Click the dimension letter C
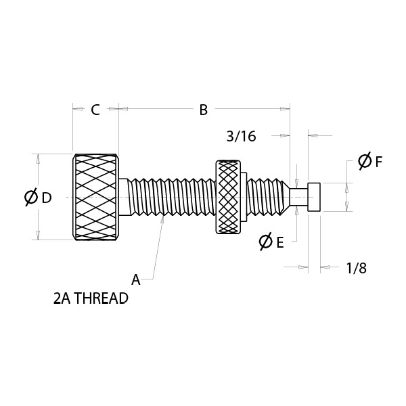click(x=95, y=110)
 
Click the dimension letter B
click(x=204, y=110)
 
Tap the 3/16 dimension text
click(x=242, y=136)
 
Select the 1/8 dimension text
click(x=357, y=268)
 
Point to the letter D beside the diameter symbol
click(x=47, y=198)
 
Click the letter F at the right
click(x=378, y=162)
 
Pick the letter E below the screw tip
click(x=280, y=243)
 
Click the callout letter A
click(x=136, y=280)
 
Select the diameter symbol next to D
click(x=31, y=198)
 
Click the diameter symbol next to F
click(x=365, y=161)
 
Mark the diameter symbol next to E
click(x=266, y=242)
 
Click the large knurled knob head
click(x=95, y=197)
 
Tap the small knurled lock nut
click(x=228, y=197)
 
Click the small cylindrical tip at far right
click(x=314, y=197)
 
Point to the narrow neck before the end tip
click(x=298, y=197)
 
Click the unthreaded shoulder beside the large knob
click(x=124, y=197)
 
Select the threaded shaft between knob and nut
click(x=172, y=197)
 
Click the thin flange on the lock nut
click(x=244, y=197)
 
